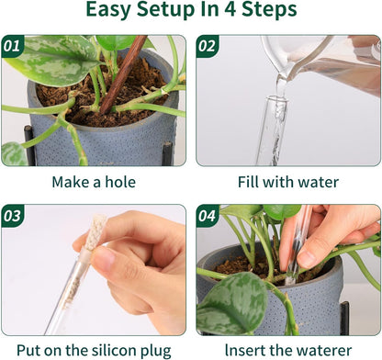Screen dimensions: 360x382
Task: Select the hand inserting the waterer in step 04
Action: coord(335,239)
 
